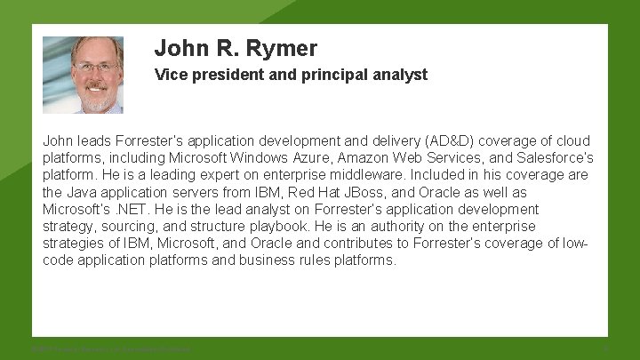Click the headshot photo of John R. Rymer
coord(83,75)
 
